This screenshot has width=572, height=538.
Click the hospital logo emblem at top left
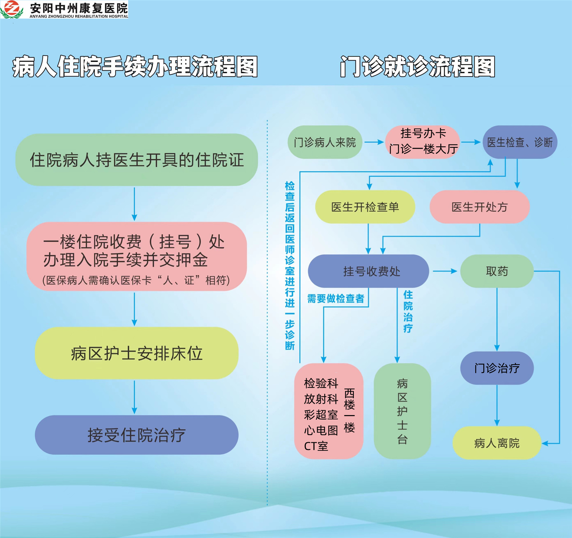point(11,9)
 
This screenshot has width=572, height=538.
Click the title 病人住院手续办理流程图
point(135,67)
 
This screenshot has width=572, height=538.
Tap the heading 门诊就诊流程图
point(417,67)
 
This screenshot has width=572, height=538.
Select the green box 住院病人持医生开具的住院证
point(137,160)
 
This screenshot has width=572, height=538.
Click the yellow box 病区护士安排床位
point(137,353)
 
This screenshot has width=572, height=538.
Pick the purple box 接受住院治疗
point(137,435)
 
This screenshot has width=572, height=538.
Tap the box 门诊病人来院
point(325,142)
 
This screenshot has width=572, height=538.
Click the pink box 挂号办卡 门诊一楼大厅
point(423,142)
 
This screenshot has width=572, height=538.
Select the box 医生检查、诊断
point(520,142)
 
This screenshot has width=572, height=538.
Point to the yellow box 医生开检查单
point(365,207)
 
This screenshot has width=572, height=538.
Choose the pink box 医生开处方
point(480,207)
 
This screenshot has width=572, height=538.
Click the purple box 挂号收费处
point(368,271)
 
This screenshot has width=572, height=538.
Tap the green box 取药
point(497,271)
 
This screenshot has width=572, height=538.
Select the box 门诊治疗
point(497,368)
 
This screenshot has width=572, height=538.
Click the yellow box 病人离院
point(497,443)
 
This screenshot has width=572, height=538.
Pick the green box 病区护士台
point(402,411)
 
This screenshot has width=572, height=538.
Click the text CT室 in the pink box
point(316,446)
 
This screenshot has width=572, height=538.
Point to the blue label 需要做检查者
point(336,298)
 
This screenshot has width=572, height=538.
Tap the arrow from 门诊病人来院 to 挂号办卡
point(374,142)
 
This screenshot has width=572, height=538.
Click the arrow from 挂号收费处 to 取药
point(445,271)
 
